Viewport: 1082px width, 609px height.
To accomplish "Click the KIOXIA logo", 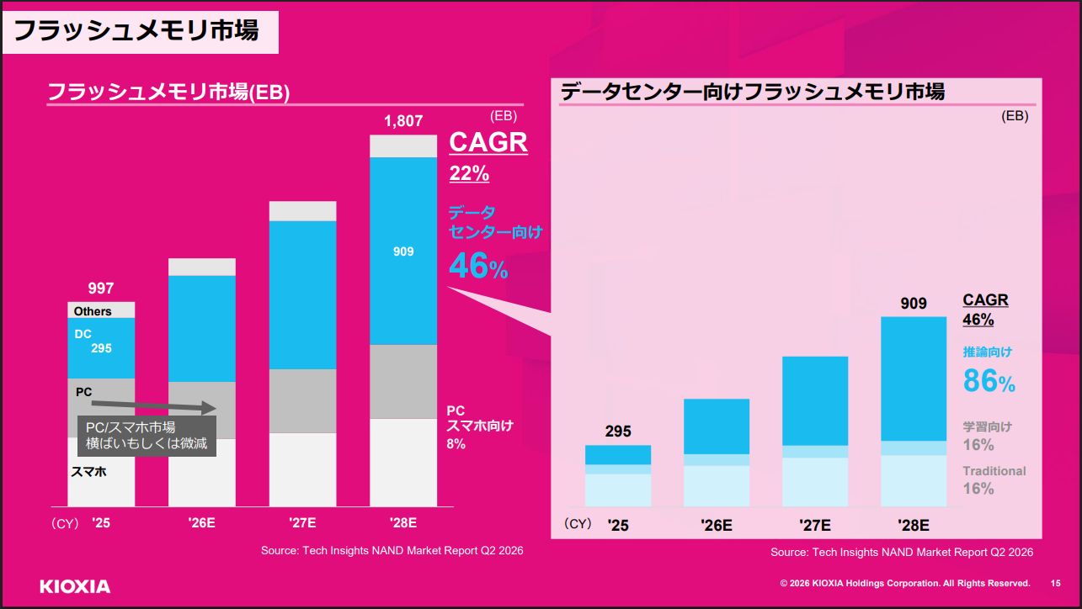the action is tap(75, 587).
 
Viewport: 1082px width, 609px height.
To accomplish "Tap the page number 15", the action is tap(1055, 584).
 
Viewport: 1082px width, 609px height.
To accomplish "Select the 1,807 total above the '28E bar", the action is tap(403, 120).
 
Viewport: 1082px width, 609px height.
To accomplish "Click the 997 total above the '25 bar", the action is tap(101, 288).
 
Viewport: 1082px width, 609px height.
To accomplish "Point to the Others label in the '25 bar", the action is tap(93, 311).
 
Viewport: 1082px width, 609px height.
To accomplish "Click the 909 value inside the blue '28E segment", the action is tap(403, 252).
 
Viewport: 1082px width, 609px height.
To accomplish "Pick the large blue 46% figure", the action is tap(478, 266).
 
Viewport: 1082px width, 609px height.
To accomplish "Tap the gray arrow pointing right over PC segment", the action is tap(153, 406).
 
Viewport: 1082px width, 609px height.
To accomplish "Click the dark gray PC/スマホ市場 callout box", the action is tap(147, 436).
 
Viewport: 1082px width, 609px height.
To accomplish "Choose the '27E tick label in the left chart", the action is tap(302, 522).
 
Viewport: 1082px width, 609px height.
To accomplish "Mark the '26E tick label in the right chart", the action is tap(717, 525).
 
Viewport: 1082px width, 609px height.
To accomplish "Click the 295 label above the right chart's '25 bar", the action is tap(618, 431).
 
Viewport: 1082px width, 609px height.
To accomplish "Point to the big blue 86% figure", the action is tap(989, 381).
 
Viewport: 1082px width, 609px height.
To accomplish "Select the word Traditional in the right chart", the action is tap(994, 471).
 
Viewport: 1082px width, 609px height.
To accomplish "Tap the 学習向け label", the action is tap(988, 426).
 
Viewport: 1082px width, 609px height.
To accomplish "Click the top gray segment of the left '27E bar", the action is tap(303, 211).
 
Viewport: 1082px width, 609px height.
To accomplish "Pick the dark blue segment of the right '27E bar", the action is tap(815, 401).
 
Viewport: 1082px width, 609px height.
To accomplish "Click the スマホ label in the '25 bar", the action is tap(88, 471).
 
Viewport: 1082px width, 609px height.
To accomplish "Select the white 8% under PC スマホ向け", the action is tap(456, 444).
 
